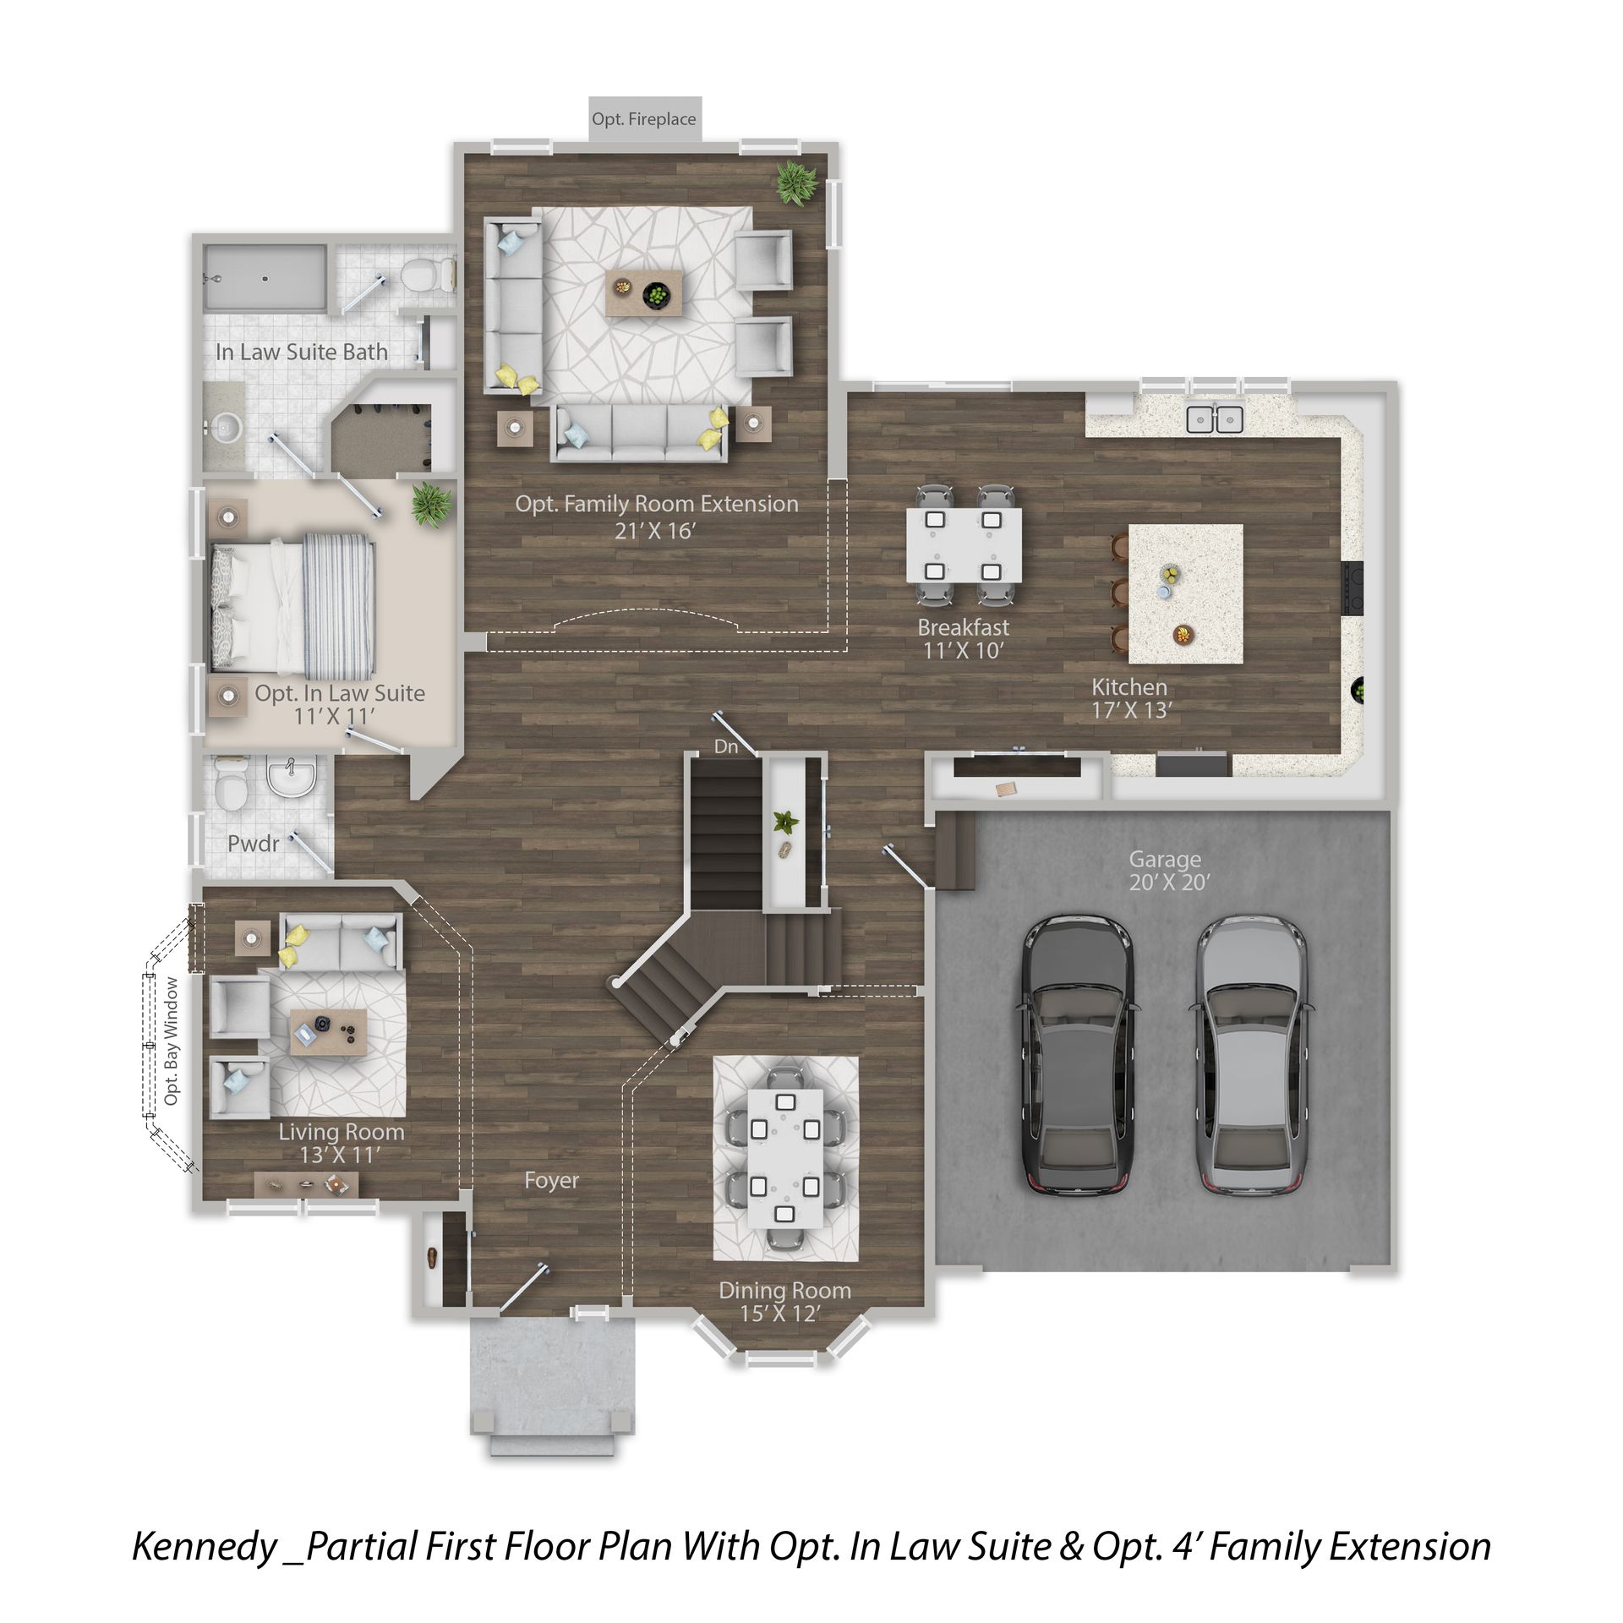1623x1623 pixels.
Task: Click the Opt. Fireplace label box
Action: click(x=645, y=119)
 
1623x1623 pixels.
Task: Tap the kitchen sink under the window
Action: click(x=1215, y=418)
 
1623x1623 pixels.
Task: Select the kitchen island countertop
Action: click(x=1185, y=594)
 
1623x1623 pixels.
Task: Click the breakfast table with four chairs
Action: click(x=964, y=545)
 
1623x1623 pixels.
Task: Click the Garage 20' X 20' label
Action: click(x=1169, y=871)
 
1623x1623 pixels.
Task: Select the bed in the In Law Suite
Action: click(x=292, y=601)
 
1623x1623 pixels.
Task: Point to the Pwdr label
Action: click(x=253, y=843)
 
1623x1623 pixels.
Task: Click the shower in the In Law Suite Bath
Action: click(x=264, y=277)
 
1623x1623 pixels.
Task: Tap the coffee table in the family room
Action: click(x=643, y=293)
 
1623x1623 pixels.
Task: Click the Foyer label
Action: click(x=551, y=1180)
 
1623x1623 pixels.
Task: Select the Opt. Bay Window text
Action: click(x=172, y=1041)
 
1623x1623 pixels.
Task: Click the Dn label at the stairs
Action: click(x=726, y=746)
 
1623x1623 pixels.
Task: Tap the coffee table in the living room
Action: click(x=329, y=1031)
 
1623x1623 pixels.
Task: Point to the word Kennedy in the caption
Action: click(x=205, y=1546)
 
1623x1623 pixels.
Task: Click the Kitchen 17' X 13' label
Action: click(x=1131, y=698)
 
